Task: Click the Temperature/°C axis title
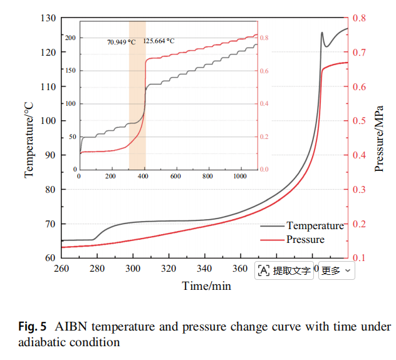(x=29, y=140)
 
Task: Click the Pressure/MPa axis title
(x=379, y=139)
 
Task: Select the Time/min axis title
(x=206, y=286)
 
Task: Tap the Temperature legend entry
(x=302, y=225)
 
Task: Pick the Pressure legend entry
(x=293, y=239)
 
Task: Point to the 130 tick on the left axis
(x=48, y=18)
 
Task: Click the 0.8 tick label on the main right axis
(x=359, y=18)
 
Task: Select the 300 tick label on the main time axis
(x=133, y=269)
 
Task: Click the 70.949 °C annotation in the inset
(x=122, y=42)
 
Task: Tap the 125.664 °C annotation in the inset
(x=159, y=41)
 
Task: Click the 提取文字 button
(x=284, y=270)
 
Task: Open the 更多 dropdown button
(x=336, y=270)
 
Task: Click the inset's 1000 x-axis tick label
(x=240, y=176)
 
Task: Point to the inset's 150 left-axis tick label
(x=70, y=70)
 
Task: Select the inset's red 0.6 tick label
(x=264, y=71)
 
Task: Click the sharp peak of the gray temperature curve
(x=322, y=33)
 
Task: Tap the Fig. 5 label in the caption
(x=33, y=326)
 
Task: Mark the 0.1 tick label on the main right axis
(x=359, y=258)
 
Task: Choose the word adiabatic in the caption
(x=42, y=342)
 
